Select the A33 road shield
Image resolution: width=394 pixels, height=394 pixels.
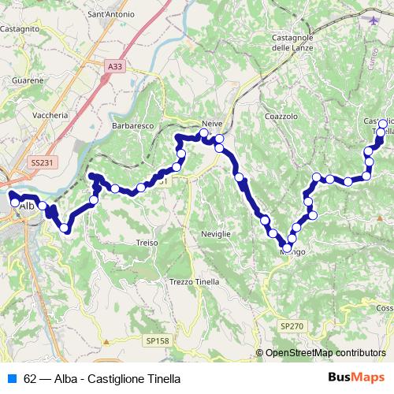[115, 67]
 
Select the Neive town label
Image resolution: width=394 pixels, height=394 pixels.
[213, 125]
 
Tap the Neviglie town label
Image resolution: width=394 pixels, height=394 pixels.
[215, 235]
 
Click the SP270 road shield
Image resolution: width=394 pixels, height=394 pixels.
[291, 325]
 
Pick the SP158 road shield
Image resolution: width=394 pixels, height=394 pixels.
[156, 340]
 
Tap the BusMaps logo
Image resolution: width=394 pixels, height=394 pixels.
[356, 378]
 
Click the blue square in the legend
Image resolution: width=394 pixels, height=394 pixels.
[12, 378]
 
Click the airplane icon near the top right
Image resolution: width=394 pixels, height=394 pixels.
[373, 20]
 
